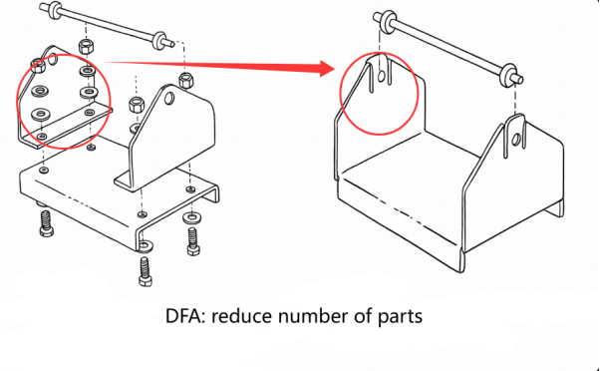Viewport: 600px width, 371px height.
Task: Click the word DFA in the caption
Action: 184,318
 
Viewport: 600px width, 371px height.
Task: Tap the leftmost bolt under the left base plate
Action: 45,223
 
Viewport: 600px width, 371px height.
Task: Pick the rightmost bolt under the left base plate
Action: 192,238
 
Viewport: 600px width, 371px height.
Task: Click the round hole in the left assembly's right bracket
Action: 170,99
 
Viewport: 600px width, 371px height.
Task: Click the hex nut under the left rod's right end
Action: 184,79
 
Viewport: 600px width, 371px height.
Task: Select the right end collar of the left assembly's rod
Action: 158,41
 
